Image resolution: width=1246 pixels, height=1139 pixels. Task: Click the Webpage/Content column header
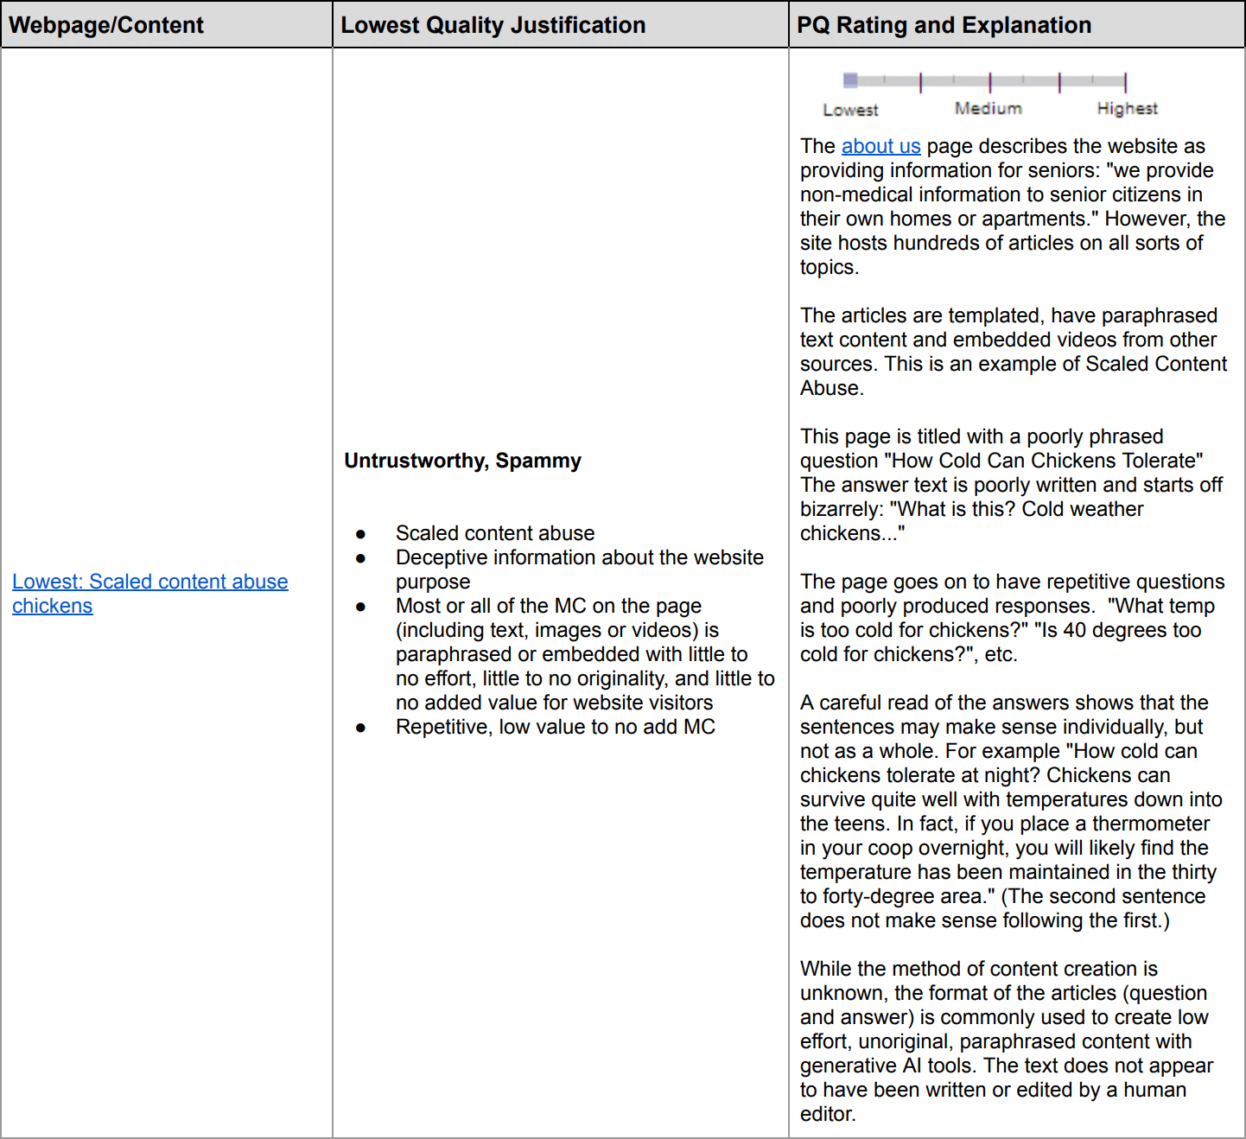point(106,25)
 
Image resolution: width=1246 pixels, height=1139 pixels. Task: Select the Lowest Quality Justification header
point(493,25)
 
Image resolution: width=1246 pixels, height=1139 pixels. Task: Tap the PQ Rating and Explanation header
point(944,25)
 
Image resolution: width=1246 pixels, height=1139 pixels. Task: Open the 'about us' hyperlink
point(880,146)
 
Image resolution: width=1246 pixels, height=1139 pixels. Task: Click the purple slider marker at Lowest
point(850,80)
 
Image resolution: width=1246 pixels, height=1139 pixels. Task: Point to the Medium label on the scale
point(988,108)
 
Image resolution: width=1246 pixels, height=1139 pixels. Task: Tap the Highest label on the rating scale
point(1127,108)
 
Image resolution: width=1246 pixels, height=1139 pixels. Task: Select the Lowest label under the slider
point(850,110)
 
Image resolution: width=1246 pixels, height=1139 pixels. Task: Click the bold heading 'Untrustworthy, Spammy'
point(462,461)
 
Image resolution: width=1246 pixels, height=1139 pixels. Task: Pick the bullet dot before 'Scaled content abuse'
point(360,534)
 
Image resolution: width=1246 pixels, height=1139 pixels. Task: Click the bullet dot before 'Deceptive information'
point(360,558)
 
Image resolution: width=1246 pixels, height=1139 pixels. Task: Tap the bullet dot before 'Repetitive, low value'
point(360,728)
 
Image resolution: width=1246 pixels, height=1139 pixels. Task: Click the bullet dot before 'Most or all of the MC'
point(360,607)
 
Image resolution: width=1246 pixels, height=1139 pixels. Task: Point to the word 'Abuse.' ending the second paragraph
point(831,388)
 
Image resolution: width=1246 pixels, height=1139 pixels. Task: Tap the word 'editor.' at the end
point(827,1114)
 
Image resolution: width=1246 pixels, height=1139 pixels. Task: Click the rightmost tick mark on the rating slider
point(1125,82)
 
